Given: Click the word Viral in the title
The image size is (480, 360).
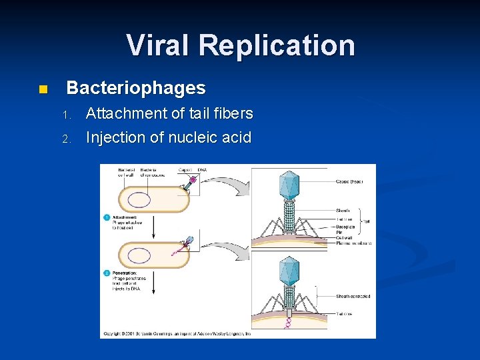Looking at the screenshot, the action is click(157, 45).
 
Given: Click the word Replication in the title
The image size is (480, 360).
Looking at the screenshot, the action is click(276, 45).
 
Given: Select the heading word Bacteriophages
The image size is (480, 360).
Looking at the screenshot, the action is click(136, 88).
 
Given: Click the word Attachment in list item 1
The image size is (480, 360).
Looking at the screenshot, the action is click(127, 113).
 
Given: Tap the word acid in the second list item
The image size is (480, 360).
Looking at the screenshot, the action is click(237, 138).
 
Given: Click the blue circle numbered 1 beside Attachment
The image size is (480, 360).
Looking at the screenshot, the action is click(106, 217).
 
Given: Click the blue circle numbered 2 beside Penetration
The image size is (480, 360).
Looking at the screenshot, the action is click(106, 273).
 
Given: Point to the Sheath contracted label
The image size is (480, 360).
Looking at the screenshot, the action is click(353, 296).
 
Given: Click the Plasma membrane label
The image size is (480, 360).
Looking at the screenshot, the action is click(354, 243).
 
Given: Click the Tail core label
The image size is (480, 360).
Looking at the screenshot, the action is click(344, 313).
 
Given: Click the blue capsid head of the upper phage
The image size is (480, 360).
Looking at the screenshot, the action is click(289, 185).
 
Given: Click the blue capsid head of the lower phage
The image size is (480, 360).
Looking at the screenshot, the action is click(289, 271).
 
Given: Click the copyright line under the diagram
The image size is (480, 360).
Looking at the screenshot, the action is click(175, 333).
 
